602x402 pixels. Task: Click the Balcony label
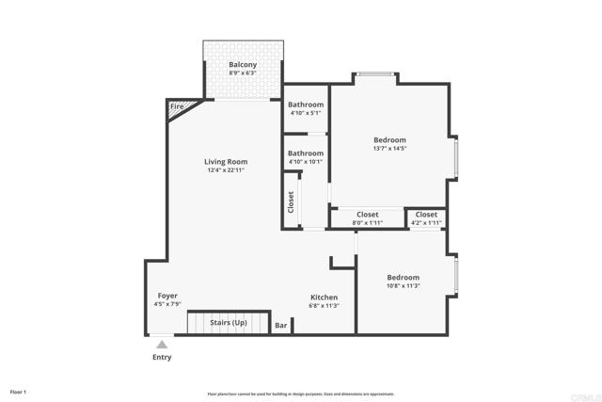click(243, 65)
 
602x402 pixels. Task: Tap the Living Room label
click(226, 162)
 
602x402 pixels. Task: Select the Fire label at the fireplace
click(177, 106)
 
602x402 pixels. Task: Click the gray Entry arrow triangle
click(162, 345)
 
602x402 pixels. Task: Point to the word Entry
click(162, 357)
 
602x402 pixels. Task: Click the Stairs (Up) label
click(229, 322)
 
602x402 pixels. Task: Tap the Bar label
click(281, 325)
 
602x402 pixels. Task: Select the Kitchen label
click(324, 297)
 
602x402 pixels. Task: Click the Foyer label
click(167, 296)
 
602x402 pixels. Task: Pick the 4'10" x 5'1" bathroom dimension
click(306, 113)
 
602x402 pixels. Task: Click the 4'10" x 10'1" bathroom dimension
click(306, 162)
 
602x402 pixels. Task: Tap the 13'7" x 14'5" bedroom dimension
click(389, 149)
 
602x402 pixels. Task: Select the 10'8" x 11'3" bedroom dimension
click(404, 285)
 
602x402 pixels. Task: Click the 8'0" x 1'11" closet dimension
click(368, 223)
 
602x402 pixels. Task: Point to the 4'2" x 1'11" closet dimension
click(426, 223)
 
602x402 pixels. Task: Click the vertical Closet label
click(291, 202)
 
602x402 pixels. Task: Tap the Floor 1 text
click(18, 392)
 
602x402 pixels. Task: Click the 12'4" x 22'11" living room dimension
click(226, 170)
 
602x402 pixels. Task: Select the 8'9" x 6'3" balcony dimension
click(243, 73)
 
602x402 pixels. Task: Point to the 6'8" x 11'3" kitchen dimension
click(324, 306)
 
